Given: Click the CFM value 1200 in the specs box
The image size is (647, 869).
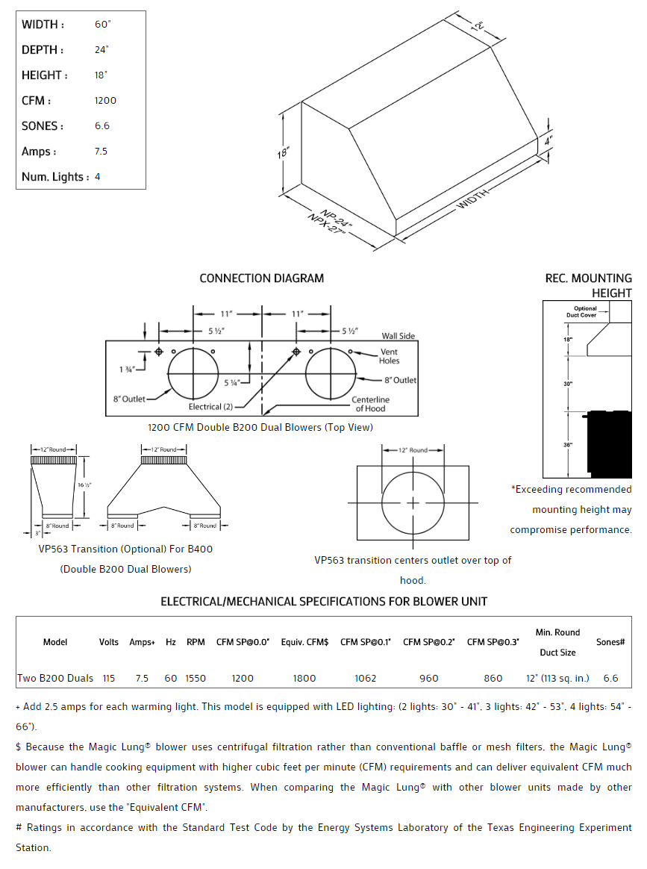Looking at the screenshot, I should pyautogui.click(x=105, y=101).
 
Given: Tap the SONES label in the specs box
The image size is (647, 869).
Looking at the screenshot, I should pyautogui.click(x=43, y=126).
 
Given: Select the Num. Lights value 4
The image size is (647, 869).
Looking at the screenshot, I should pyautogui.click(x=98, y=177).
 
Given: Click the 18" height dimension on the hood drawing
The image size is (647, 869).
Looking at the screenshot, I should pyautogui.click(x=282, y=153).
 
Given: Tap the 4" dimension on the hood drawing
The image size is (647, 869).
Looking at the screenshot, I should pyautogui.click(x=548, y=140).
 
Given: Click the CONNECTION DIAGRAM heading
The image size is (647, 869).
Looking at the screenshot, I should pyautogui.click(x=261, y=278).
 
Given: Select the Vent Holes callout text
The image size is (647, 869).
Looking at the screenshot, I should pyautogui.click(x=390, y=356).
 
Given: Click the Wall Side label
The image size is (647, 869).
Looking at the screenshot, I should pyautogui.click(x=398, y=336).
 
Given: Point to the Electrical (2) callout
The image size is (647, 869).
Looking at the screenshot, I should pyautogui.click(x=211, y=407).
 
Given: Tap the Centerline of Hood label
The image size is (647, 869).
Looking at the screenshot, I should pyautogui.click(x=370, y=404).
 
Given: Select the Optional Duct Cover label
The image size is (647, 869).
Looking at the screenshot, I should pyautogui.click(x=585, y=312).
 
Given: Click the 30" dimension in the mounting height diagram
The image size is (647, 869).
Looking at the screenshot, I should pyautogui.click(x=568, y=384).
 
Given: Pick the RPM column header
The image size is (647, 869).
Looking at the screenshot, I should pyautogui.click(x=196, y=642).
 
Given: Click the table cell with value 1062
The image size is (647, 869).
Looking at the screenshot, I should pyautogui.click(x=366, y=679).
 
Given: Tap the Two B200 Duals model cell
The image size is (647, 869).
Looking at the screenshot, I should pyautogui.click(x=55, y=679).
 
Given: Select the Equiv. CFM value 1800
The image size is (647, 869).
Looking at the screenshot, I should pyautogui.click(x=304, y=679).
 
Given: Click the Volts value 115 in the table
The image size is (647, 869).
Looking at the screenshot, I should pyautogui.click(x=109, y=679).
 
